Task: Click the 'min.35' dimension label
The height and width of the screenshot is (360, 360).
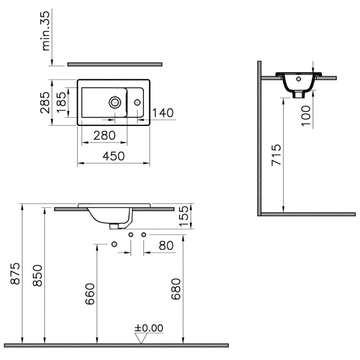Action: (46, 30)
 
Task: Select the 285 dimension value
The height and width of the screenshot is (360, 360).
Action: (45, 102)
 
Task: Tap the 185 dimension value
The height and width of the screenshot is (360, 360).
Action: (62, 102)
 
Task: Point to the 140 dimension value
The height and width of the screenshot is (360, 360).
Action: (163, 113)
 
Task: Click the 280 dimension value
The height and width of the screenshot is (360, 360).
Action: (104, 135)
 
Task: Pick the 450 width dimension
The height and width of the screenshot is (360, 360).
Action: (114, 156)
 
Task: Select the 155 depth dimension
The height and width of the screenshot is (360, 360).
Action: (184, 216)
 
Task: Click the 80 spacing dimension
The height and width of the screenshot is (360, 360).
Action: (166, 245)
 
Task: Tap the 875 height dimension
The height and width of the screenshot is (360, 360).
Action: (15, 274)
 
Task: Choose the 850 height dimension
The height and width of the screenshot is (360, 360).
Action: (38, 276)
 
